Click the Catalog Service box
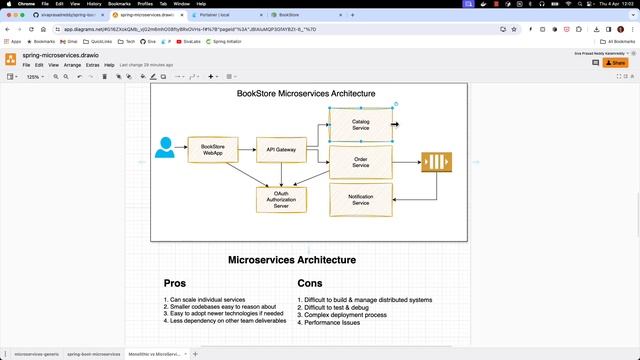point(360,125)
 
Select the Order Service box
point(360,162)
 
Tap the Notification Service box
point(360,200)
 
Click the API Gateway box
point(281,150)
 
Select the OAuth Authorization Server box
point(281,200)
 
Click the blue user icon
point(165,148)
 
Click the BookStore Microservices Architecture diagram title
point(306,94)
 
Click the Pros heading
point(175,283)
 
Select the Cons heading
point(310,283)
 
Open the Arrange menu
point(72,65)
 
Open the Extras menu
point(92,65)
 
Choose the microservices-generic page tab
point(37,354)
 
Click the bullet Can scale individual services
point(209,300)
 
